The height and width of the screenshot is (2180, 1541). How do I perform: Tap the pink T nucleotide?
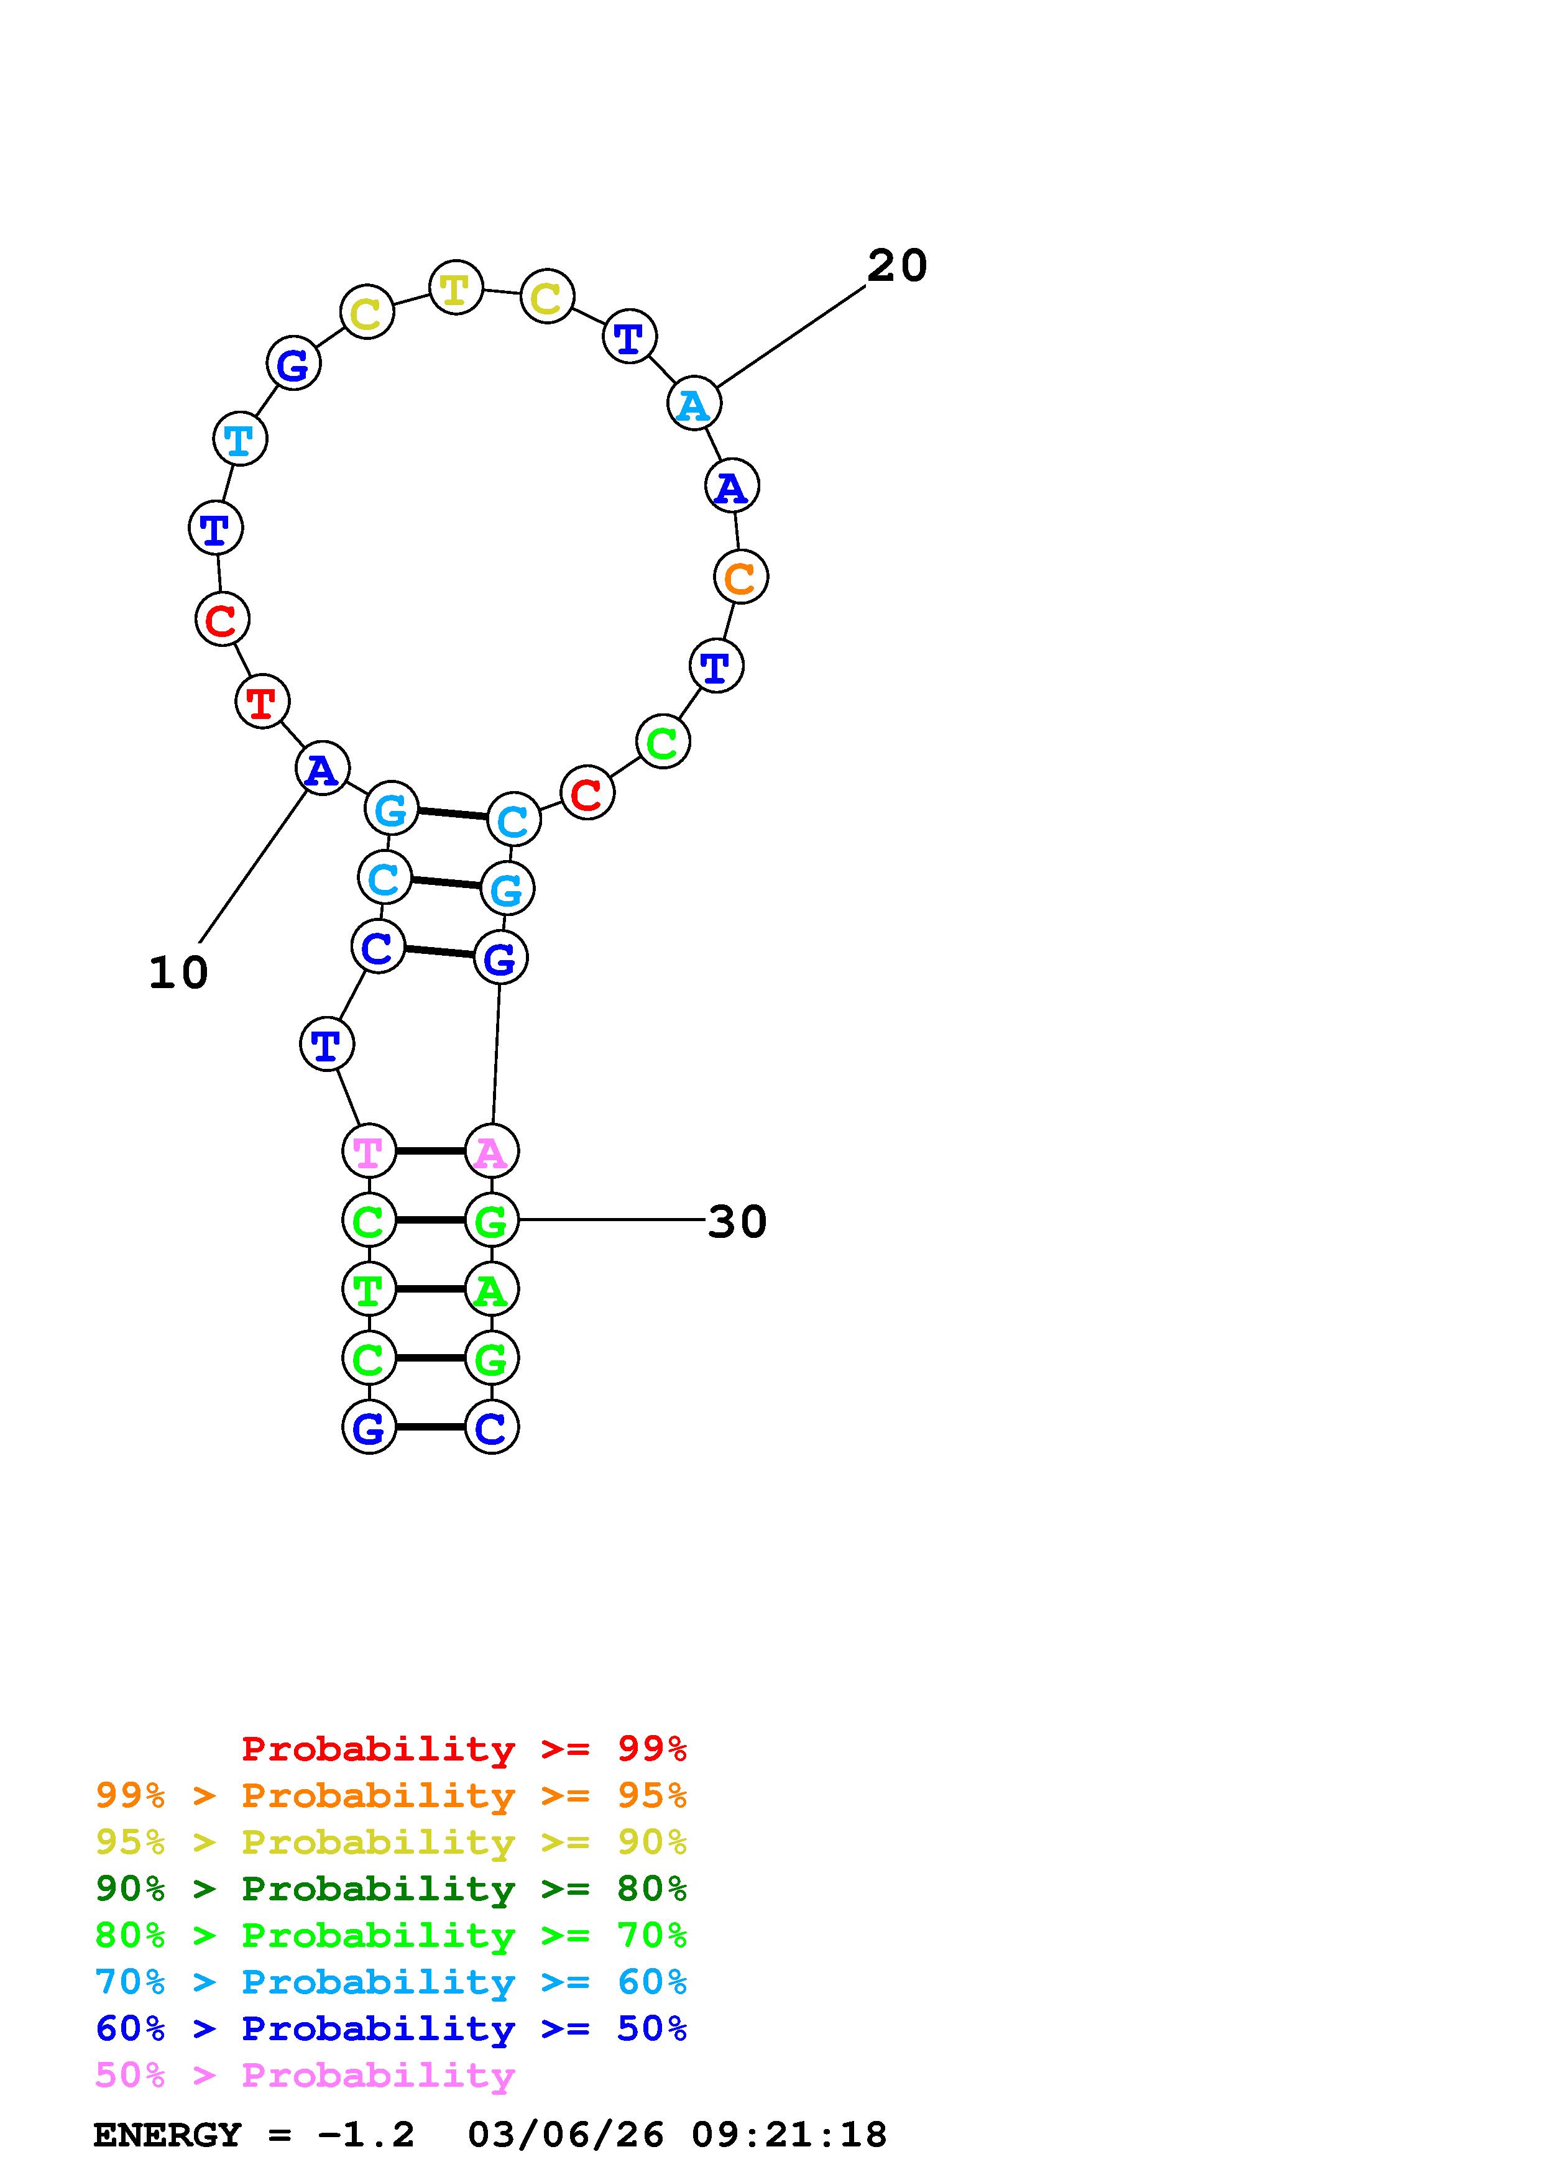click(369, 1151)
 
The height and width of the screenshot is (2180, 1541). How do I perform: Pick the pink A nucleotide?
click(491, 1151)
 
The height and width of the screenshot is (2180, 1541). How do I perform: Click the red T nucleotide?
click(262, 702)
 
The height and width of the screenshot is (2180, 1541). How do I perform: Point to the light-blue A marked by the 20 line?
click(694, 403)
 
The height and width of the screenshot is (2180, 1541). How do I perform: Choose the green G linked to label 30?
click(491, 1220)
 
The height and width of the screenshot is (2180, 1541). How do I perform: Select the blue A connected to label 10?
click(322, 768)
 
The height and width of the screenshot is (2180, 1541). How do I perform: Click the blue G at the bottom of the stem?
click(369, 1427)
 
